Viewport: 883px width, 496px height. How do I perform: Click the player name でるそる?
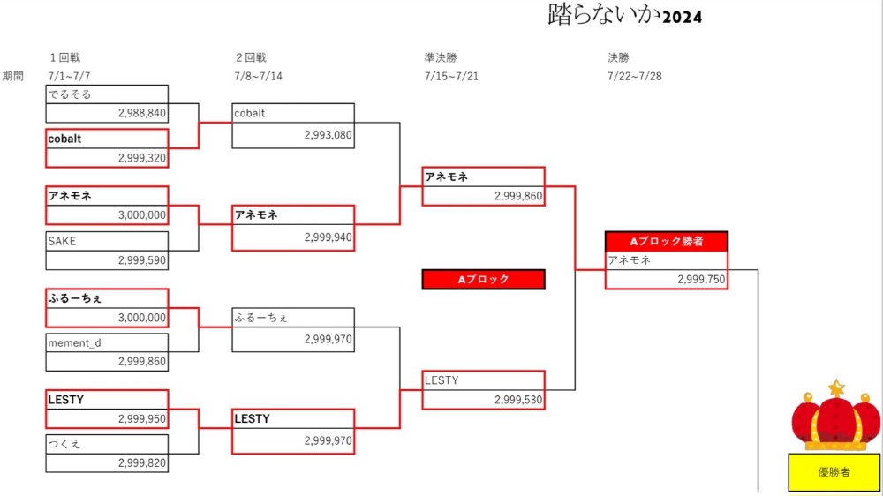[x=70, y=94]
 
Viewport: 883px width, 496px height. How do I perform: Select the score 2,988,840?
[x=141, y=113]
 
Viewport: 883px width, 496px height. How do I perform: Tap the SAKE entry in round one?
[x=62, y=240]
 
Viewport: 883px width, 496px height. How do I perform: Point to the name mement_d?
[x=75, y=342]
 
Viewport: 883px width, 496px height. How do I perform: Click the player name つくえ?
[x=64, y=444]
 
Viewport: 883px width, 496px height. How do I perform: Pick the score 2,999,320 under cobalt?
[x=141, y=157]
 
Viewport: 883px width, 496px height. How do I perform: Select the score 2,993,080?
[x=328, y=136]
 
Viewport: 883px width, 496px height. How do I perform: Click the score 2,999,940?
[x=328, y=237]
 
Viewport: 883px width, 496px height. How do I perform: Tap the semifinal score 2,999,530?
[x=518, y=400]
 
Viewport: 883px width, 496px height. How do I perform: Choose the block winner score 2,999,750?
[x=701, y=279]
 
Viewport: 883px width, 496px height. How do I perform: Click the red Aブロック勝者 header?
[x=667, y=241]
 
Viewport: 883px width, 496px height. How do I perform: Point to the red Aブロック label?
[x=484, y=280]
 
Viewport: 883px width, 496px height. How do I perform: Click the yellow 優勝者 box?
[x=834, y=472]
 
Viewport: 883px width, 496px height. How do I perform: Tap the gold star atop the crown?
[x=835, y=387]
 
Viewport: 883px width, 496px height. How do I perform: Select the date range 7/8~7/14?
[x=259, y=76]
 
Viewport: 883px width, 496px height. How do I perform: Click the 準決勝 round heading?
[x=441, y=58]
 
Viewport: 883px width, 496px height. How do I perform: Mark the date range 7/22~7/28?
[x=634, y=76]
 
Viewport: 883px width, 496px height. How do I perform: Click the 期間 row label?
[x=13, y=76]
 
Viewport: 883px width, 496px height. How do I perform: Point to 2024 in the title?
[x=682, y=17]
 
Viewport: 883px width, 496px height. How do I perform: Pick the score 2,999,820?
[x=141, y=462]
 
